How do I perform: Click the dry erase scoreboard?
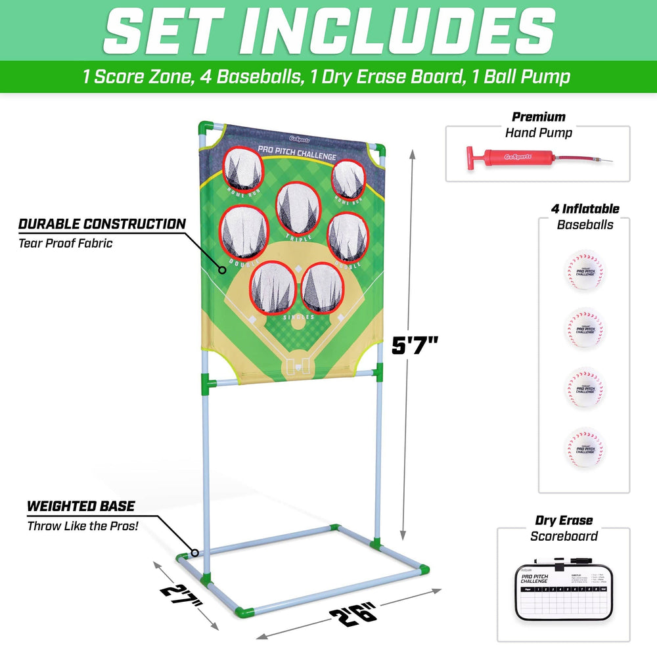tap(564, 588)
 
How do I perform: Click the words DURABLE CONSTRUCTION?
tap(102, 224)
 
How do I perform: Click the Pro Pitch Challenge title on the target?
tap(297, 152)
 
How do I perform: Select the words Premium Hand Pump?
tap(539, 125)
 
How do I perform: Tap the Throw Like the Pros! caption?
tap(83, 526)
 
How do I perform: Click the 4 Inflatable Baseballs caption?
tap(585, 217)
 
